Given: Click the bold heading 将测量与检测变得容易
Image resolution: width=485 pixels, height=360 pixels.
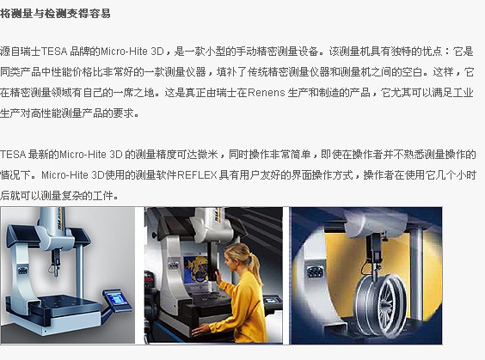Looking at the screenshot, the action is (55, 14).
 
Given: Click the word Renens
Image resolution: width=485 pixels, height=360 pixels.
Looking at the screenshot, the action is (266, 93).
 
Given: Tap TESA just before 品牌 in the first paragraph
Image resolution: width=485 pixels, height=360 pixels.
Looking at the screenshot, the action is (54, 52).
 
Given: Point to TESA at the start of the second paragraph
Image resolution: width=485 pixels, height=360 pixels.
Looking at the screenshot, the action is (13, 155).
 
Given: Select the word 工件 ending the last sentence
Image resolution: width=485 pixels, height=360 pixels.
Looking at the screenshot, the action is (103, 196).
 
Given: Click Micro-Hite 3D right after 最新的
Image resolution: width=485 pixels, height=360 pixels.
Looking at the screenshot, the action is (91, 155).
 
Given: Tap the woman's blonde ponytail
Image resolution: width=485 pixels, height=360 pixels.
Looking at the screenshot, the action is (255, 266).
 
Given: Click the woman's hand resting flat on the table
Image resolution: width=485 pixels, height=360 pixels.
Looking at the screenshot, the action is (200, 329).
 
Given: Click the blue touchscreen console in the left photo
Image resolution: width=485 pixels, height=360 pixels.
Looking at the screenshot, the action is (116, 300).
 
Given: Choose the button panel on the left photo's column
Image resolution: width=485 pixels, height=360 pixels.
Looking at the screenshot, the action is (22, 271).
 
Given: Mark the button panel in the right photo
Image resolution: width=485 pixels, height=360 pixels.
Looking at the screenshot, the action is (315, 272).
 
